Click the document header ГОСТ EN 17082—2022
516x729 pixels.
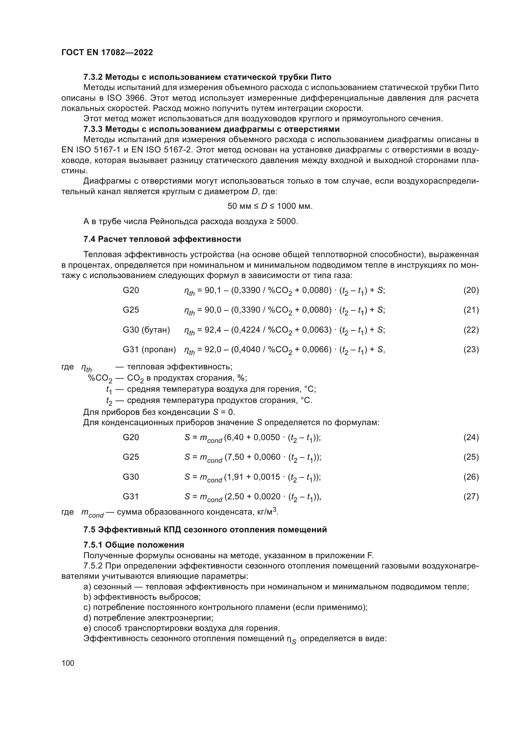(x=107, y=52)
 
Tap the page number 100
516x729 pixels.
(x=68, y=663)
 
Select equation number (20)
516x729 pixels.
(x=471, y=290)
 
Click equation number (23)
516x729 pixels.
(x=471, y=350)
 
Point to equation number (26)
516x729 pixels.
(x=471, y=477)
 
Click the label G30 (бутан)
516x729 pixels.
(x=146, y=330)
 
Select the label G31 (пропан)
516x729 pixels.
(x=149, y=350)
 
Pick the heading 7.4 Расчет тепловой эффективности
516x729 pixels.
(x=162, y=239)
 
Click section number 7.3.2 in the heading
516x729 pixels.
(x=93, y=77)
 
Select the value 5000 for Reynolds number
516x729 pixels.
(x=287, y=221)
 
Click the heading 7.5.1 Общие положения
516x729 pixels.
(x=134, y=545)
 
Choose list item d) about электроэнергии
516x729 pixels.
(x=148, y=618)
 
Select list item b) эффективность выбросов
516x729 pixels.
(x=142, y=597)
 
